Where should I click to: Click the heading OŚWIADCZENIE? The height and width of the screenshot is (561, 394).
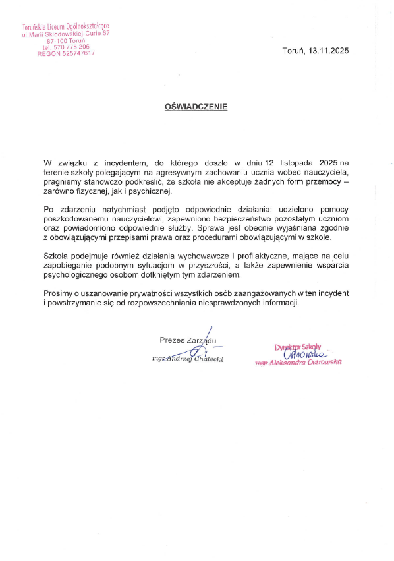196,105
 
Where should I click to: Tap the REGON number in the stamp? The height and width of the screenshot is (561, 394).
66,53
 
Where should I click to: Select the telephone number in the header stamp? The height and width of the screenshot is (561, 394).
66,47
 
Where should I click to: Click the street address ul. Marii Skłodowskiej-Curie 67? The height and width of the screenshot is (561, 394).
66,33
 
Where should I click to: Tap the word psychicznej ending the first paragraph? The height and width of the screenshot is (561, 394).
151,191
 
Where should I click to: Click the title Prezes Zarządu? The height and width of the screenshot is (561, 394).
187,340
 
